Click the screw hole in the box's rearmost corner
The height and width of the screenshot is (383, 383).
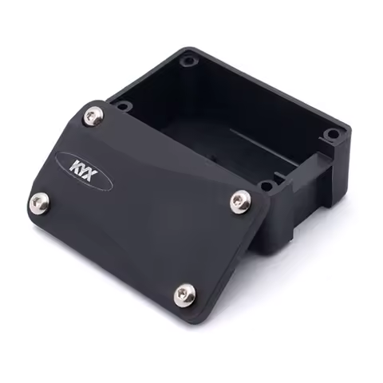(188, 60)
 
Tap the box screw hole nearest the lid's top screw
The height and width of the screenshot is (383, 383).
(122, 105)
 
